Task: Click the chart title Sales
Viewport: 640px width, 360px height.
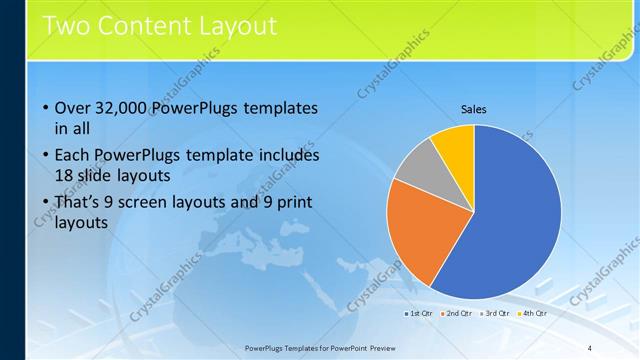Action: (x=473, y=110)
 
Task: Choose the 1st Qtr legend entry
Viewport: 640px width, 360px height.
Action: (x=419, y=313)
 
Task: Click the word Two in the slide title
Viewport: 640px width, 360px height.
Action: (x=63, y=23)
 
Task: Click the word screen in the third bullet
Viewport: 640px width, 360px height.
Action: (x=162, y=203)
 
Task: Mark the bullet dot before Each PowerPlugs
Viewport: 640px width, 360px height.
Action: (x=45, y=156)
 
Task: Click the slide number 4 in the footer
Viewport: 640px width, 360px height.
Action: (x=590, y=348)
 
